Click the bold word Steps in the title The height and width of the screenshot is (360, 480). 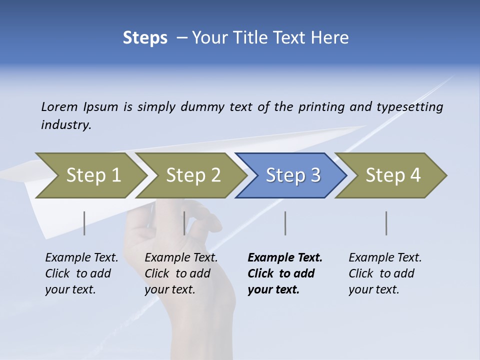pos(145,38)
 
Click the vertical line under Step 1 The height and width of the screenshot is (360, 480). pos(84,223)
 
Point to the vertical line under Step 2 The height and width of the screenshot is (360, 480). pos(184,223)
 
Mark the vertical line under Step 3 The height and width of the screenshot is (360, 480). pos(285,223)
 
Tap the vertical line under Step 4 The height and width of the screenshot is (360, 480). pos(386,223)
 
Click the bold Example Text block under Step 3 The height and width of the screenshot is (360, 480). pos(284,273)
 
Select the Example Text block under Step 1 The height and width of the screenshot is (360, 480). pos(81,273)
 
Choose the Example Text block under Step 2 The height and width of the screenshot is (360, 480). pos(181,273)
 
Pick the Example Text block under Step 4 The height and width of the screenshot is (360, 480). pos(385,273)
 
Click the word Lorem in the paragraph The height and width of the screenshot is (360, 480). pos(59,107)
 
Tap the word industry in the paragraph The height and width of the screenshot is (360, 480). pos(66,125)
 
